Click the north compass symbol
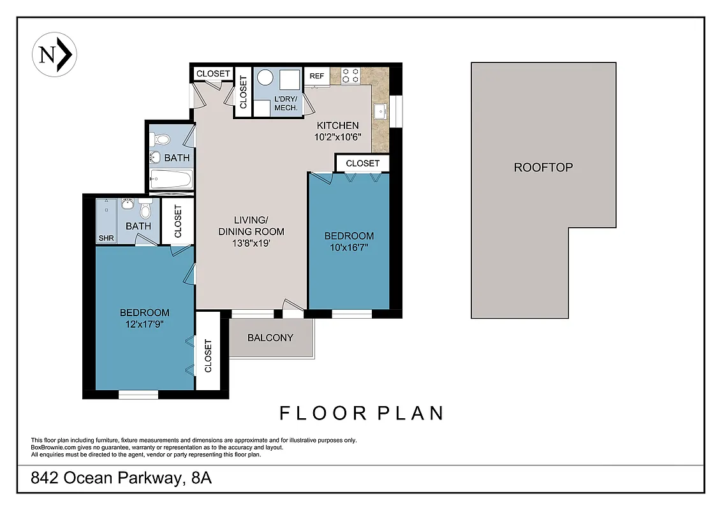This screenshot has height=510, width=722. (54, 55)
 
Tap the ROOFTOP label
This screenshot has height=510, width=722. (543, 168)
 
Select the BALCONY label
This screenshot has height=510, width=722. (270, 338)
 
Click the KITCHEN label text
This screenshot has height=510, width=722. (337, 126)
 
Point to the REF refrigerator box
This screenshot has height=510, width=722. (317, 76)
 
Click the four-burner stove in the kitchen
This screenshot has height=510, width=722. (350, 76)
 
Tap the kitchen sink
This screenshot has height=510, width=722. (381, 112)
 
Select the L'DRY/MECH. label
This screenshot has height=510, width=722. (286, 104)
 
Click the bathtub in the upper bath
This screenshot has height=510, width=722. (171, 179)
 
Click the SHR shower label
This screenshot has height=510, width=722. (105, 238)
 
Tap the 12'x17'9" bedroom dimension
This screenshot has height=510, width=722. (145, 324)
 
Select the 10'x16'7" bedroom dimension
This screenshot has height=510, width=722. (349, 247)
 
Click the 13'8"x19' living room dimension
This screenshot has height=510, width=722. (251, 243)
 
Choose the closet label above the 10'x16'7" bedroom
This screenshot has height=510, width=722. (362, 164)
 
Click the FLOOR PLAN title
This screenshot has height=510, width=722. (362, 413)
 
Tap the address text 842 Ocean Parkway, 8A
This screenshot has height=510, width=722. (121, 478)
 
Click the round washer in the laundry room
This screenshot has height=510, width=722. (266, 78)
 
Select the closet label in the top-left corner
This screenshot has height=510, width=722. (213, 74)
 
